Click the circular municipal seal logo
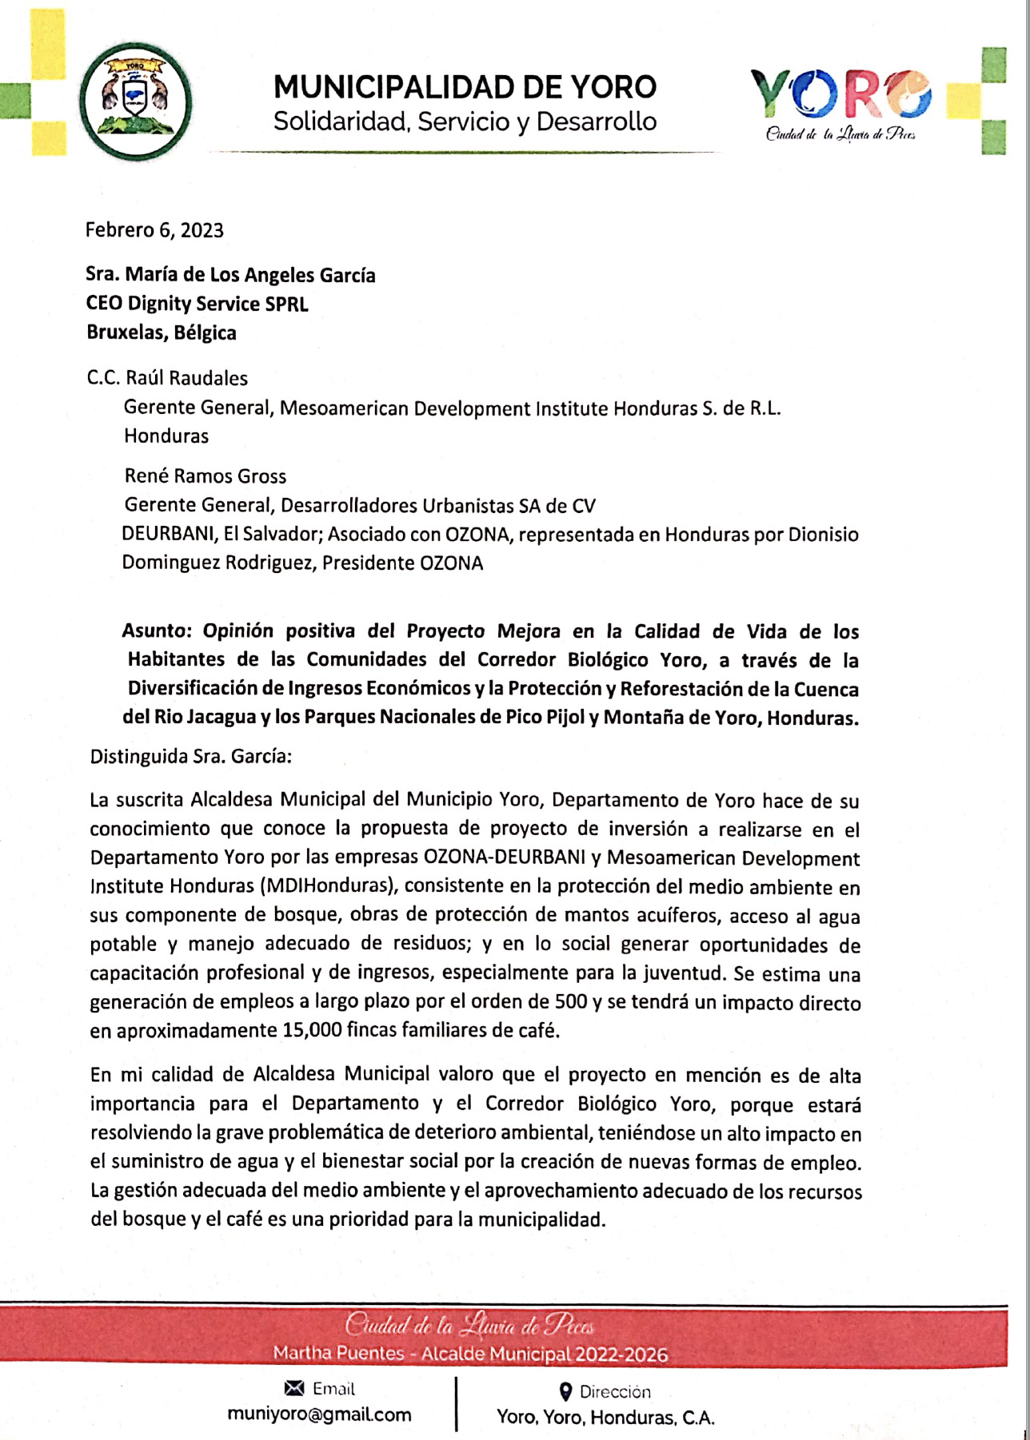pyautogui.click(x=135, y=101)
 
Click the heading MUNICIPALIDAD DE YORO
pyautogui.click(x=465, y=87)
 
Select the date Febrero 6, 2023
pyautogui.click(x=154, y=230)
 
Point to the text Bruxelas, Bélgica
pyautogui.click(x=162, y=332)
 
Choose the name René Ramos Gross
pyautogui.click(x=205, y=476)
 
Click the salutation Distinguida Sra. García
pyautogui.click(x=190, y=756)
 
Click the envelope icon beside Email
pyautogui.click(x=294, y=1388)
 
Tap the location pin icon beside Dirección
pyautogui.click(x=565, y=1392)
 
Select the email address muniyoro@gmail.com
pyautogui.click(x=319, y=1414)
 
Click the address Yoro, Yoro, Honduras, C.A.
pyautogui.click(x=605, y=1418)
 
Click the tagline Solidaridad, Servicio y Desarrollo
pyautogui.click(x=465, y=122)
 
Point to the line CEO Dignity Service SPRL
pyautogui.click(x=197, y=304)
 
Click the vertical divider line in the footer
pyautogui.click(x=456, y=1402)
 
